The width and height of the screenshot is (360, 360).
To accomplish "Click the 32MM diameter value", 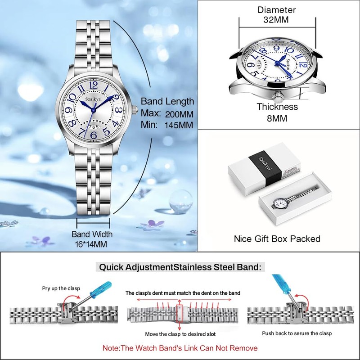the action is (277, 20).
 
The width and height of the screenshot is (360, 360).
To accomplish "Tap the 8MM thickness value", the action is (277, 119).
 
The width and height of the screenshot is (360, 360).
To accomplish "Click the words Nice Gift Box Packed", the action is (277, 238).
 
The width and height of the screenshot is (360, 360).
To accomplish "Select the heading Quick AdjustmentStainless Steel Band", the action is (180, 267).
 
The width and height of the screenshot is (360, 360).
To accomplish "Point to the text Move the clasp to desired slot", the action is (180, 334).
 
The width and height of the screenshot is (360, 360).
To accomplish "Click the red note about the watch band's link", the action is (180, 348).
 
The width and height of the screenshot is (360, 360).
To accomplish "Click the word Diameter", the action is (277, 9).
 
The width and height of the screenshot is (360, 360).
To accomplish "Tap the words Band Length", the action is (167, 101).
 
